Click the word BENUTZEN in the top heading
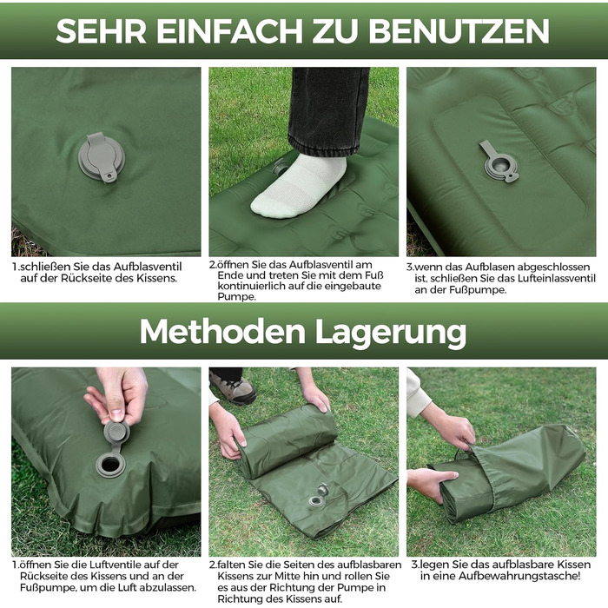tap(459, 31)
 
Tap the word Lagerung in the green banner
tap(391, 333)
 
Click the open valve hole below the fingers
tap(110, 464)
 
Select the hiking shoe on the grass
tap(233, 389)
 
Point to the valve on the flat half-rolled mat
tap(318, 496)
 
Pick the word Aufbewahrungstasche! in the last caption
tap(519, 576)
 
